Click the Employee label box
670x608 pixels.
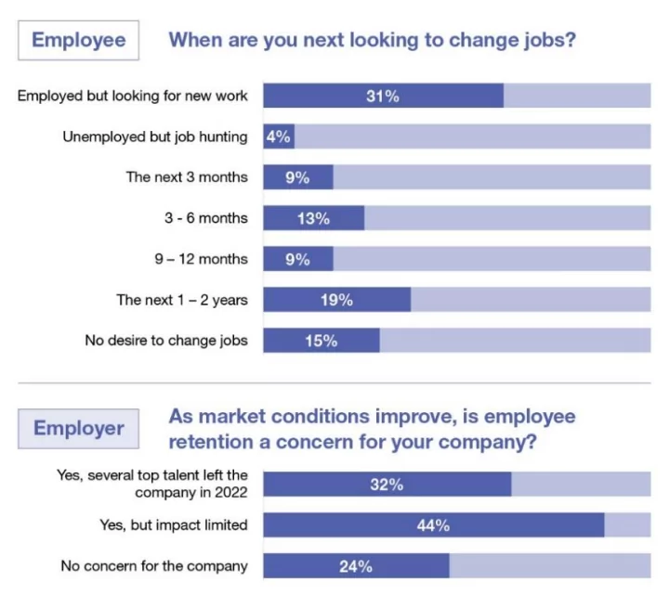(x=78, y=41)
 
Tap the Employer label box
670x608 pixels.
(x=78, y=428)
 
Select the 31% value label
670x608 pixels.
(x=382, y=96)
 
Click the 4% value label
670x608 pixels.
(x=278, y=136)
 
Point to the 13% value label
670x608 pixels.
(x=313, y=218)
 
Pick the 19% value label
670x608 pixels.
(x=336, y=299)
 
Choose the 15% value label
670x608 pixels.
(x=321, y=341)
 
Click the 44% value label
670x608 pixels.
(x=433, y=525)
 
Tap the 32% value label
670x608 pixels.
(x=387, y=485)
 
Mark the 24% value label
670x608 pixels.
(x=355, y=565)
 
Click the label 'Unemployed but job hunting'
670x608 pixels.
(x=155, y=136)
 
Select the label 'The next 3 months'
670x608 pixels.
(x=187, y=177)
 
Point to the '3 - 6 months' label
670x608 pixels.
(x=206, y=218)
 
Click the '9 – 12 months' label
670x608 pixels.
(x=201, y=259)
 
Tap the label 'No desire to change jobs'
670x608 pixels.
(x=166, y=341)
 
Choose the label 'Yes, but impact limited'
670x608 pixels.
(x=174, y=525)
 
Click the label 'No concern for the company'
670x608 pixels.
(x=154, y=565)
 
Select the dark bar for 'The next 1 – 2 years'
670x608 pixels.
(x=336, y=299)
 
